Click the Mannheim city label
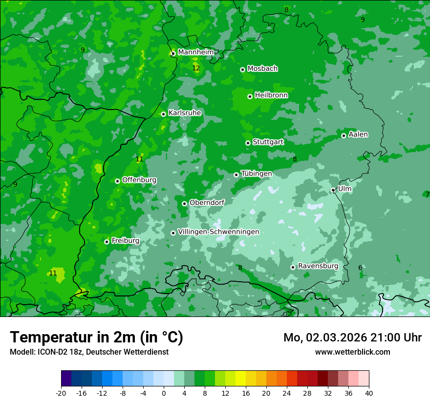[196, 52]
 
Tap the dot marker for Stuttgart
[248, 143]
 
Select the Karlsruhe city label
[185, 113]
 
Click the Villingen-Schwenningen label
[218, 232]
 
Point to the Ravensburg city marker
[293, 267]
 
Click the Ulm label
[344, 189]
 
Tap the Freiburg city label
[125, 241]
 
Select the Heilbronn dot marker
[250, 96]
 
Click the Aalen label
[358, 135]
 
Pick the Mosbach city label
[262, 68]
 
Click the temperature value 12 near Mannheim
[196, 68]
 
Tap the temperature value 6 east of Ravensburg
[360, 268]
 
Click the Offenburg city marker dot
[117, 181]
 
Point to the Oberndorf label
[207, 203]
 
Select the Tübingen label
[257, 174]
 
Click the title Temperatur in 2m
[96, 337]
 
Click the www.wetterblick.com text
[352, 352]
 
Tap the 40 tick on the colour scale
[369, 393]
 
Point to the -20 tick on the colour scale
[61, 393]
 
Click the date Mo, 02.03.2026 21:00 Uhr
[352, 338]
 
